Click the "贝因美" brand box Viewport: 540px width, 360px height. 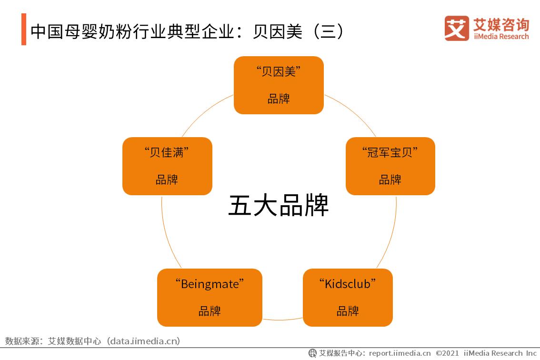click(279, 85)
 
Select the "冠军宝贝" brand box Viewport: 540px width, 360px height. click(390, 166)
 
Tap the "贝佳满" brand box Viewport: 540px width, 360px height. click(167, 166)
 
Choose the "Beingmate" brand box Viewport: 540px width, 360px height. click(210, 298)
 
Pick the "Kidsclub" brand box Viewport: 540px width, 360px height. click(348, 298)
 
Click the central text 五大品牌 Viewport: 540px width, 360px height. click(279, 205)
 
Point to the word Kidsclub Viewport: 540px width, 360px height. click(348, 284)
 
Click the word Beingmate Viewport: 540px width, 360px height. click(210, 284)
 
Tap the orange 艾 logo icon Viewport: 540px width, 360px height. click(457, 28)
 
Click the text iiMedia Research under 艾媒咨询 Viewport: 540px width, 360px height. click(501, 37)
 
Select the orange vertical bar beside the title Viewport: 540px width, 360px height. click(24, 30)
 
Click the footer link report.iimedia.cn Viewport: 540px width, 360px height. click(400, 353)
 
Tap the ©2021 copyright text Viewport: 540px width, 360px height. click(448, 353)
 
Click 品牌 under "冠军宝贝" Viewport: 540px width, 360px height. click(390, 180)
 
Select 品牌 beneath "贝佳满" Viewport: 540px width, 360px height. click(167, 180)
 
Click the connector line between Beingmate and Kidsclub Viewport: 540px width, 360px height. click(282, 319)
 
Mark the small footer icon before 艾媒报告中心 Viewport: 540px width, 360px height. click(312, 353)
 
